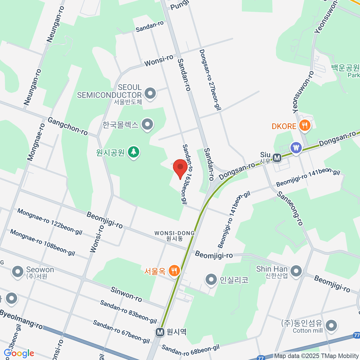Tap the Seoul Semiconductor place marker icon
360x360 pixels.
click(x=150, y=93)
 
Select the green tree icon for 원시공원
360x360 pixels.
click(x=133, y=152)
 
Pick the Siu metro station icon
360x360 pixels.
click(x=277, y=157)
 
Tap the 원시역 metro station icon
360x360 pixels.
click(x=160, y=332)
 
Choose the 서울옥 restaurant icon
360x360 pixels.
click(x=174, y=271)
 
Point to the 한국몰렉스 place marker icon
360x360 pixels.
click(x=147, y=124)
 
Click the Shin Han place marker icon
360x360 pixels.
click(x=296, y=271)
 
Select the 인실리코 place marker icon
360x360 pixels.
click(x=211, y=280)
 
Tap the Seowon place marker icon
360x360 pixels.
click(x=17, y=272)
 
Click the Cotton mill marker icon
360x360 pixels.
click(x=331, y=325)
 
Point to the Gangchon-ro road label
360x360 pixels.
click(x=68, y=126)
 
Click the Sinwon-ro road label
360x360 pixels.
click(x=126, y=294)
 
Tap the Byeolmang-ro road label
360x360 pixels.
click(x=21, y=319)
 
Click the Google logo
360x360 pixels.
click(x=19, y=353)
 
